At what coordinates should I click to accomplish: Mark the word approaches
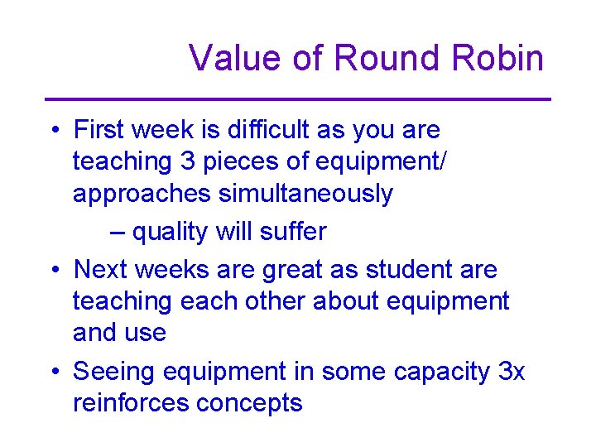142,194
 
